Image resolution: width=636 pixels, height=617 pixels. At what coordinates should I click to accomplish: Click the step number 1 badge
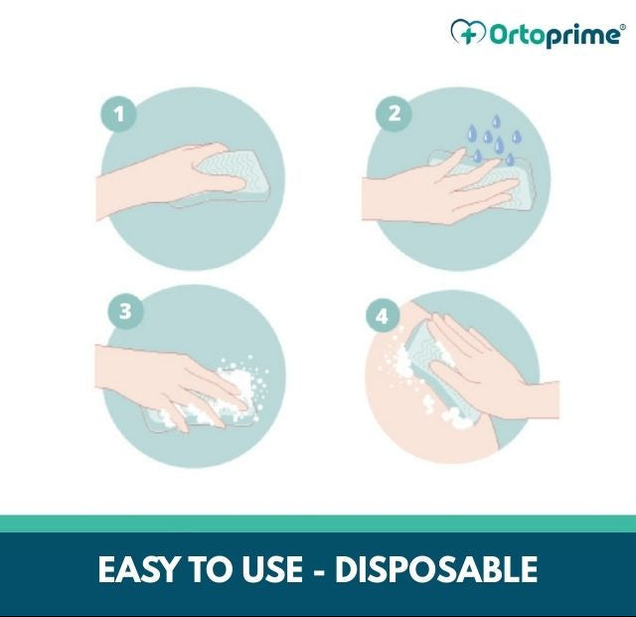tap(119, 114)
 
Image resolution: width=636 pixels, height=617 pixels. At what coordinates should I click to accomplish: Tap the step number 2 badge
tap(394, 113)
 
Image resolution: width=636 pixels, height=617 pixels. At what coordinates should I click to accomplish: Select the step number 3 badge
tap(125, 311)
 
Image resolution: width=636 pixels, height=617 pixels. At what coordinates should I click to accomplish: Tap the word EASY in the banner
tap(137, 570)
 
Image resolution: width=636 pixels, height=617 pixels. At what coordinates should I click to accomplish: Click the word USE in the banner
tap(269, 570)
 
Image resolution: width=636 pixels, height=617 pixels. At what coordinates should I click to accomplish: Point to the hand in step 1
tap(159, 184)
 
